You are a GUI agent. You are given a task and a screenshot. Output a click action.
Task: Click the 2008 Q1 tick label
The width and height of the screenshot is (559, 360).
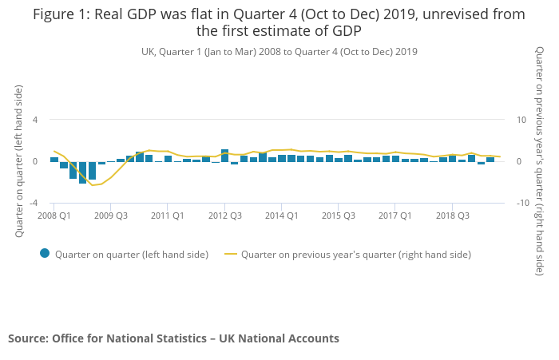coord(54,216)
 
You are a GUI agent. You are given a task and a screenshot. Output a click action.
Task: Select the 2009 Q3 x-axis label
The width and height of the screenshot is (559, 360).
coord(111,216)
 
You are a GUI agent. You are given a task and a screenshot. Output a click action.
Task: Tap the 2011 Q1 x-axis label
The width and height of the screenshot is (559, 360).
coord(168,216)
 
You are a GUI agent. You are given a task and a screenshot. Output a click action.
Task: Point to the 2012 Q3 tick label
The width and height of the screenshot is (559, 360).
coord(225,216)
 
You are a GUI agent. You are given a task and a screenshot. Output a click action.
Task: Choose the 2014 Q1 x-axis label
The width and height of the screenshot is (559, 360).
coord(282,216)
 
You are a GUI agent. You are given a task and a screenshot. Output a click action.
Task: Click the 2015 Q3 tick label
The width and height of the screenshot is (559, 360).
coord(339,216)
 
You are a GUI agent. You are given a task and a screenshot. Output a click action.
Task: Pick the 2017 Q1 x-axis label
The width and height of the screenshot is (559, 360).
coord(395,216)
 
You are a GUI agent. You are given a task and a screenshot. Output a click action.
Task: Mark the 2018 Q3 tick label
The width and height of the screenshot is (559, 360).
coord(452,216)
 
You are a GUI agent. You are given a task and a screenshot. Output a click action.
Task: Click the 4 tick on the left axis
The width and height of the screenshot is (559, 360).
coord(35,120)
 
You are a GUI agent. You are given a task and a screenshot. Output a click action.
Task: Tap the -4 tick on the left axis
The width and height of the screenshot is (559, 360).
coord(34,204)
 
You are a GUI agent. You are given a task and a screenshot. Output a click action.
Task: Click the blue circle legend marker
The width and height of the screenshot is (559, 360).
coord(45,254)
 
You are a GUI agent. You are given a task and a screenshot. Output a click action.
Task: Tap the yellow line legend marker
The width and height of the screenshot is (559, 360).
coord(232,255)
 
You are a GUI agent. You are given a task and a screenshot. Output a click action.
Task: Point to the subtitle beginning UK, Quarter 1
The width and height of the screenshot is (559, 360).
coord(279,52)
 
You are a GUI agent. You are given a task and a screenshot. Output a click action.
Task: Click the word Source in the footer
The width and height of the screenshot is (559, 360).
coord(27,338)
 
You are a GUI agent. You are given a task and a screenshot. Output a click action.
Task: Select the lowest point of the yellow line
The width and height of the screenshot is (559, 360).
coord(93,185)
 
